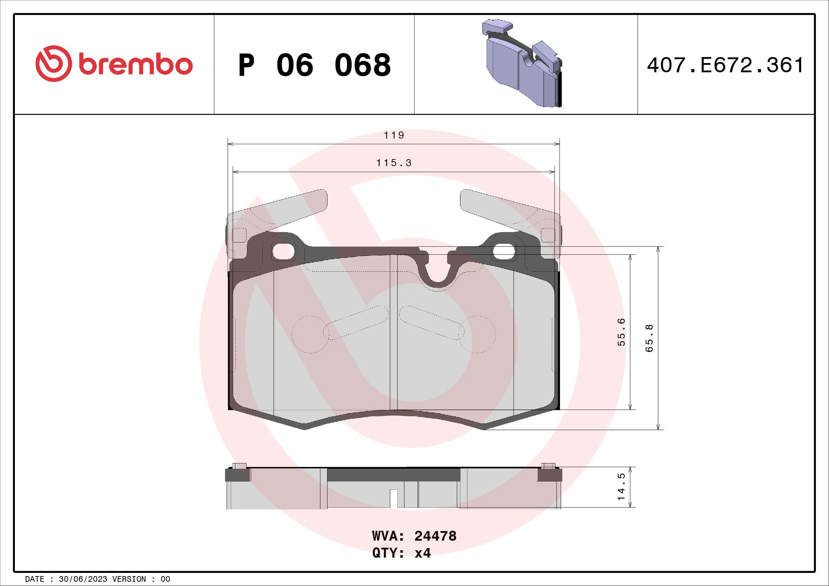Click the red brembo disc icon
point(52,63)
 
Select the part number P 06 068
point(314,65)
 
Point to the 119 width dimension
point(393,135)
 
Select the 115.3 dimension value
point(393,163)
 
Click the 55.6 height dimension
point(621,332)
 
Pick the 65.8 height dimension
point(649,338)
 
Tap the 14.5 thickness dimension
point(621,487)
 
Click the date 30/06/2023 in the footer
point(82,579)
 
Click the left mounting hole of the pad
point(283,252)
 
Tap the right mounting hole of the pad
point(504,252)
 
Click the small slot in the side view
point(394,498)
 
